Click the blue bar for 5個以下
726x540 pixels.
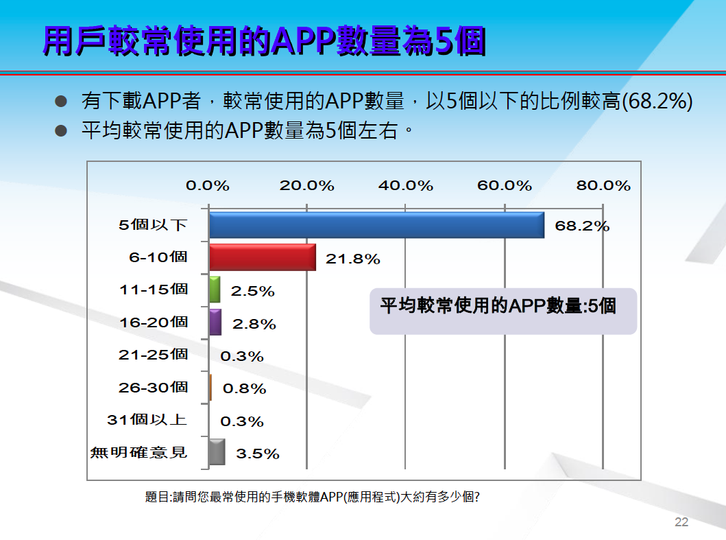coord(376,225)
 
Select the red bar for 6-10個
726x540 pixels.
coord(263,257)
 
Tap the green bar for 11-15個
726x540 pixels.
coord(215,290)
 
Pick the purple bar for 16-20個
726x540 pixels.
coord(215,322)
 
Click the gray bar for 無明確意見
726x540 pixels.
coord(217,452)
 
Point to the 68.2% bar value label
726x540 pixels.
coord(582,226)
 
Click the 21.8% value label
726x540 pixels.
coord(353,259)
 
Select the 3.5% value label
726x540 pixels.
coord(258,454)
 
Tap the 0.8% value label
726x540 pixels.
coord(245,388)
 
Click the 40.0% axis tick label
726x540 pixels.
coord(406,185)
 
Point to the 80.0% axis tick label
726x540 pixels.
coord(603,185)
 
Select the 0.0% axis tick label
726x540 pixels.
coord(208,185)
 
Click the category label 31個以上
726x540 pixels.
coord(147,419)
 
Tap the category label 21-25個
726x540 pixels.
coord(154,355)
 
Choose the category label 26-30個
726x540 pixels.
coord(154,387)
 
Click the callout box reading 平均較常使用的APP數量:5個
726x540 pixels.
coord(503,311)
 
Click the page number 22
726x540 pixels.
coord(681,522)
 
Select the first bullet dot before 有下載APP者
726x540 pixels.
coord(61,101)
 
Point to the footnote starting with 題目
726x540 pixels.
coord(313,497)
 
